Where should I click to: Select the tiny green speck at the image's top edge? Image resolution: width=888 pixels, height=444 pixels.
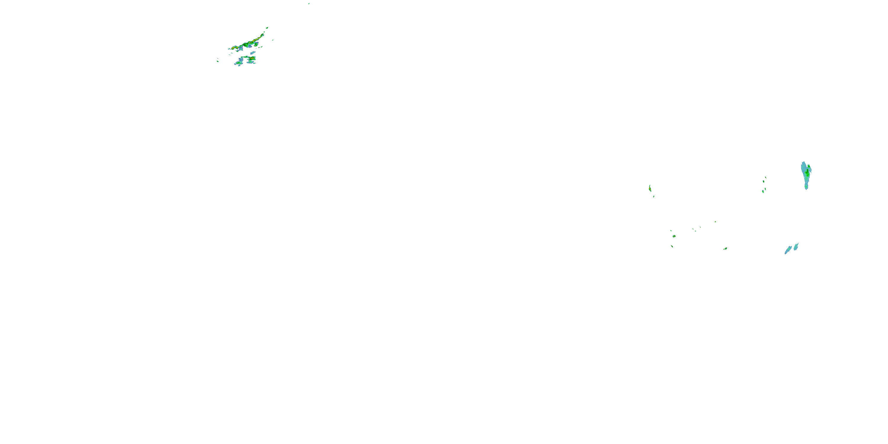(x=309, y=4)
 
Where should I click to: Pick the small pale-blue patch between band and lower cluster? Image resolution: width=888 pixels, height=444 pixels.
(x=253, y=53)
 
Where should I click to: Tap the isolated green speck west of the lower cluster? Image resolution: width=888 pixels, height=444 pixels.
(x=218, y=61)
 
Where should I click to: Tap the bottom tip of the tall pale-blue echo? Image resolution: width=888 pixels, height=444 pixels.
(x=806, y=188)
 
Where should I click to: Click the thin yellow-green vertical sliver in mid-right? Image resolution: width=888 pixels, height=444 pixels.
(x=650, y=188)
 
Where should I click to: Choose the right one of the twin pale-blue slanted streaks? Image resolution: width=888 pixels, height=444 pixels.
(x=796, y=246)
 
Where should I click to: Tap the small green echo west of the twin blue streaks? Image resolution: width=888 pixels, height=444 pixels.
(x=725, y=248)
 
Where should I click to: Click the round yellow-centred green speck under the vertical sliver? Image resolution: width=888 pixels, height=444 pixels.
(x=674, y=236)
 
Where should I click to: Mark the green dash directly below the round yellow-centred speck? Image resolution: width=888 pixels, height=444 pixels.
(x=672, y=246)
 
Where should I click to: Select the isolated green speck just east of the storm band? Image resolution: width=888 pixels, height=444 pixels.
(x=273, y=40)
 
